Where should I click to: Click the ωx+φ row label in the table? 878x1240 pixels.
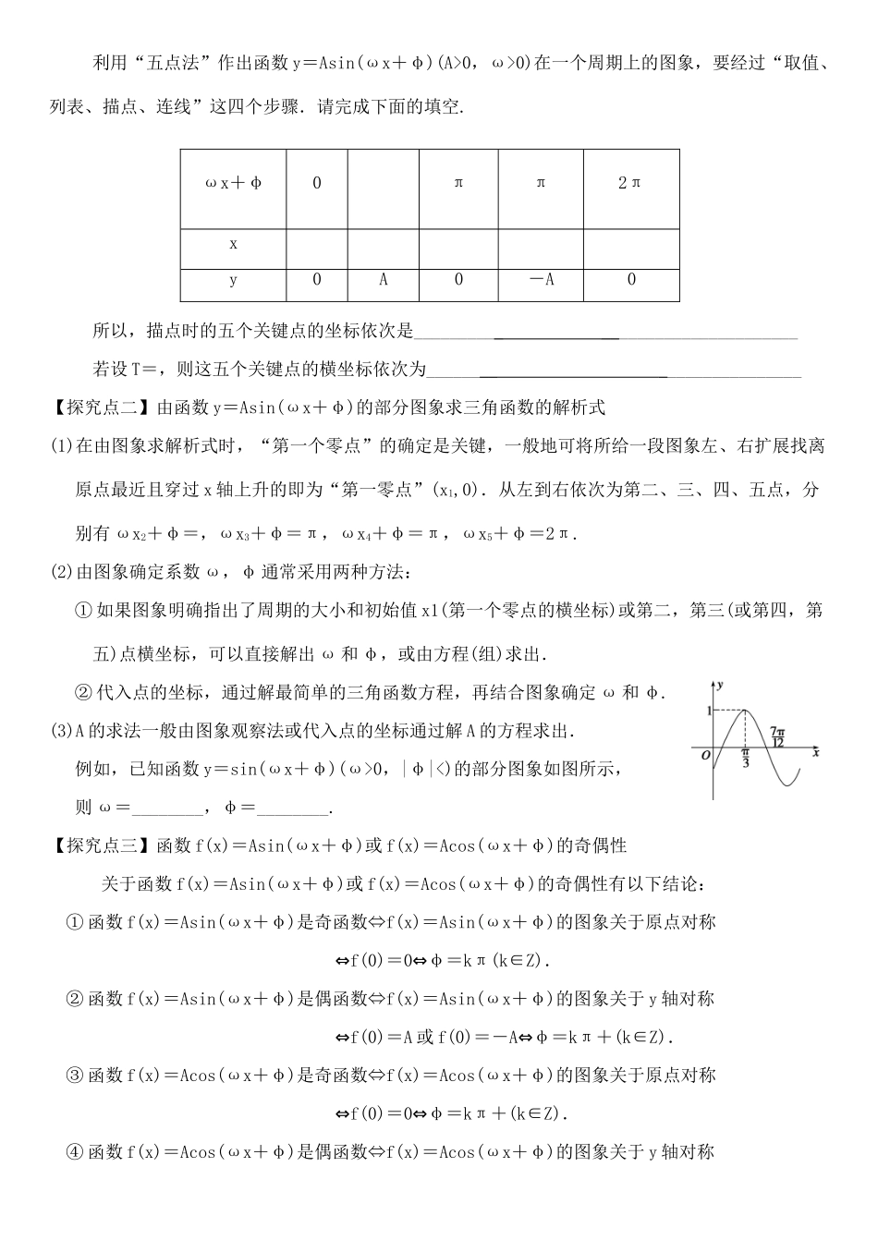tap(233, 183)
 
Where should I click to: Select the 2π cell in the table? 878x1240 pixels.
tap(630, 183)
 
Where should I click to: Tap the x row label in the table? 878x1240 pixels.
tap(233, 245)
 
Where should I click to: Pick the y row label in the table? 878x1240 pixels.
tap(233, 280)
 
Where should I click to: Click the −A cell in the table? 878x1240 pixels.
tap(541, 280)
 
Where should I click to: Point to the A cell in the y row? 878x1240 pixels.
tap(384, 280)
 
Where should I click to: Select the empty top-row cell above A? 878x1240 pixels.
tap(384, 183)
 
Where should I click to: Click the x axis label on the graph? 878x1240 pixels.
tap(816, 753)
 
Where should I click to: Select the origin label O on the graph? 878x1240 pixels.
tap(705, 755)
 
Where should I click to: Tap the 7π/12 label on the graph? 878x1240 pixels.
tap(776, 736)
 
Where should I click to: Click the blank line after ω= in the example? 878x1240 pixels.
tap(169, 808)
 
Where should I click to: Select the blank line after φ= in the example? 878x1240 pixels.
tap(292, 808)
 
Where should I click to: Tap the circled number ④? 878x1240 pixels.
tap(75, 1151)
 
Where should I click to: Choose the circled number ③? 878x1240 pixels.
tap(75, 1075)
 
